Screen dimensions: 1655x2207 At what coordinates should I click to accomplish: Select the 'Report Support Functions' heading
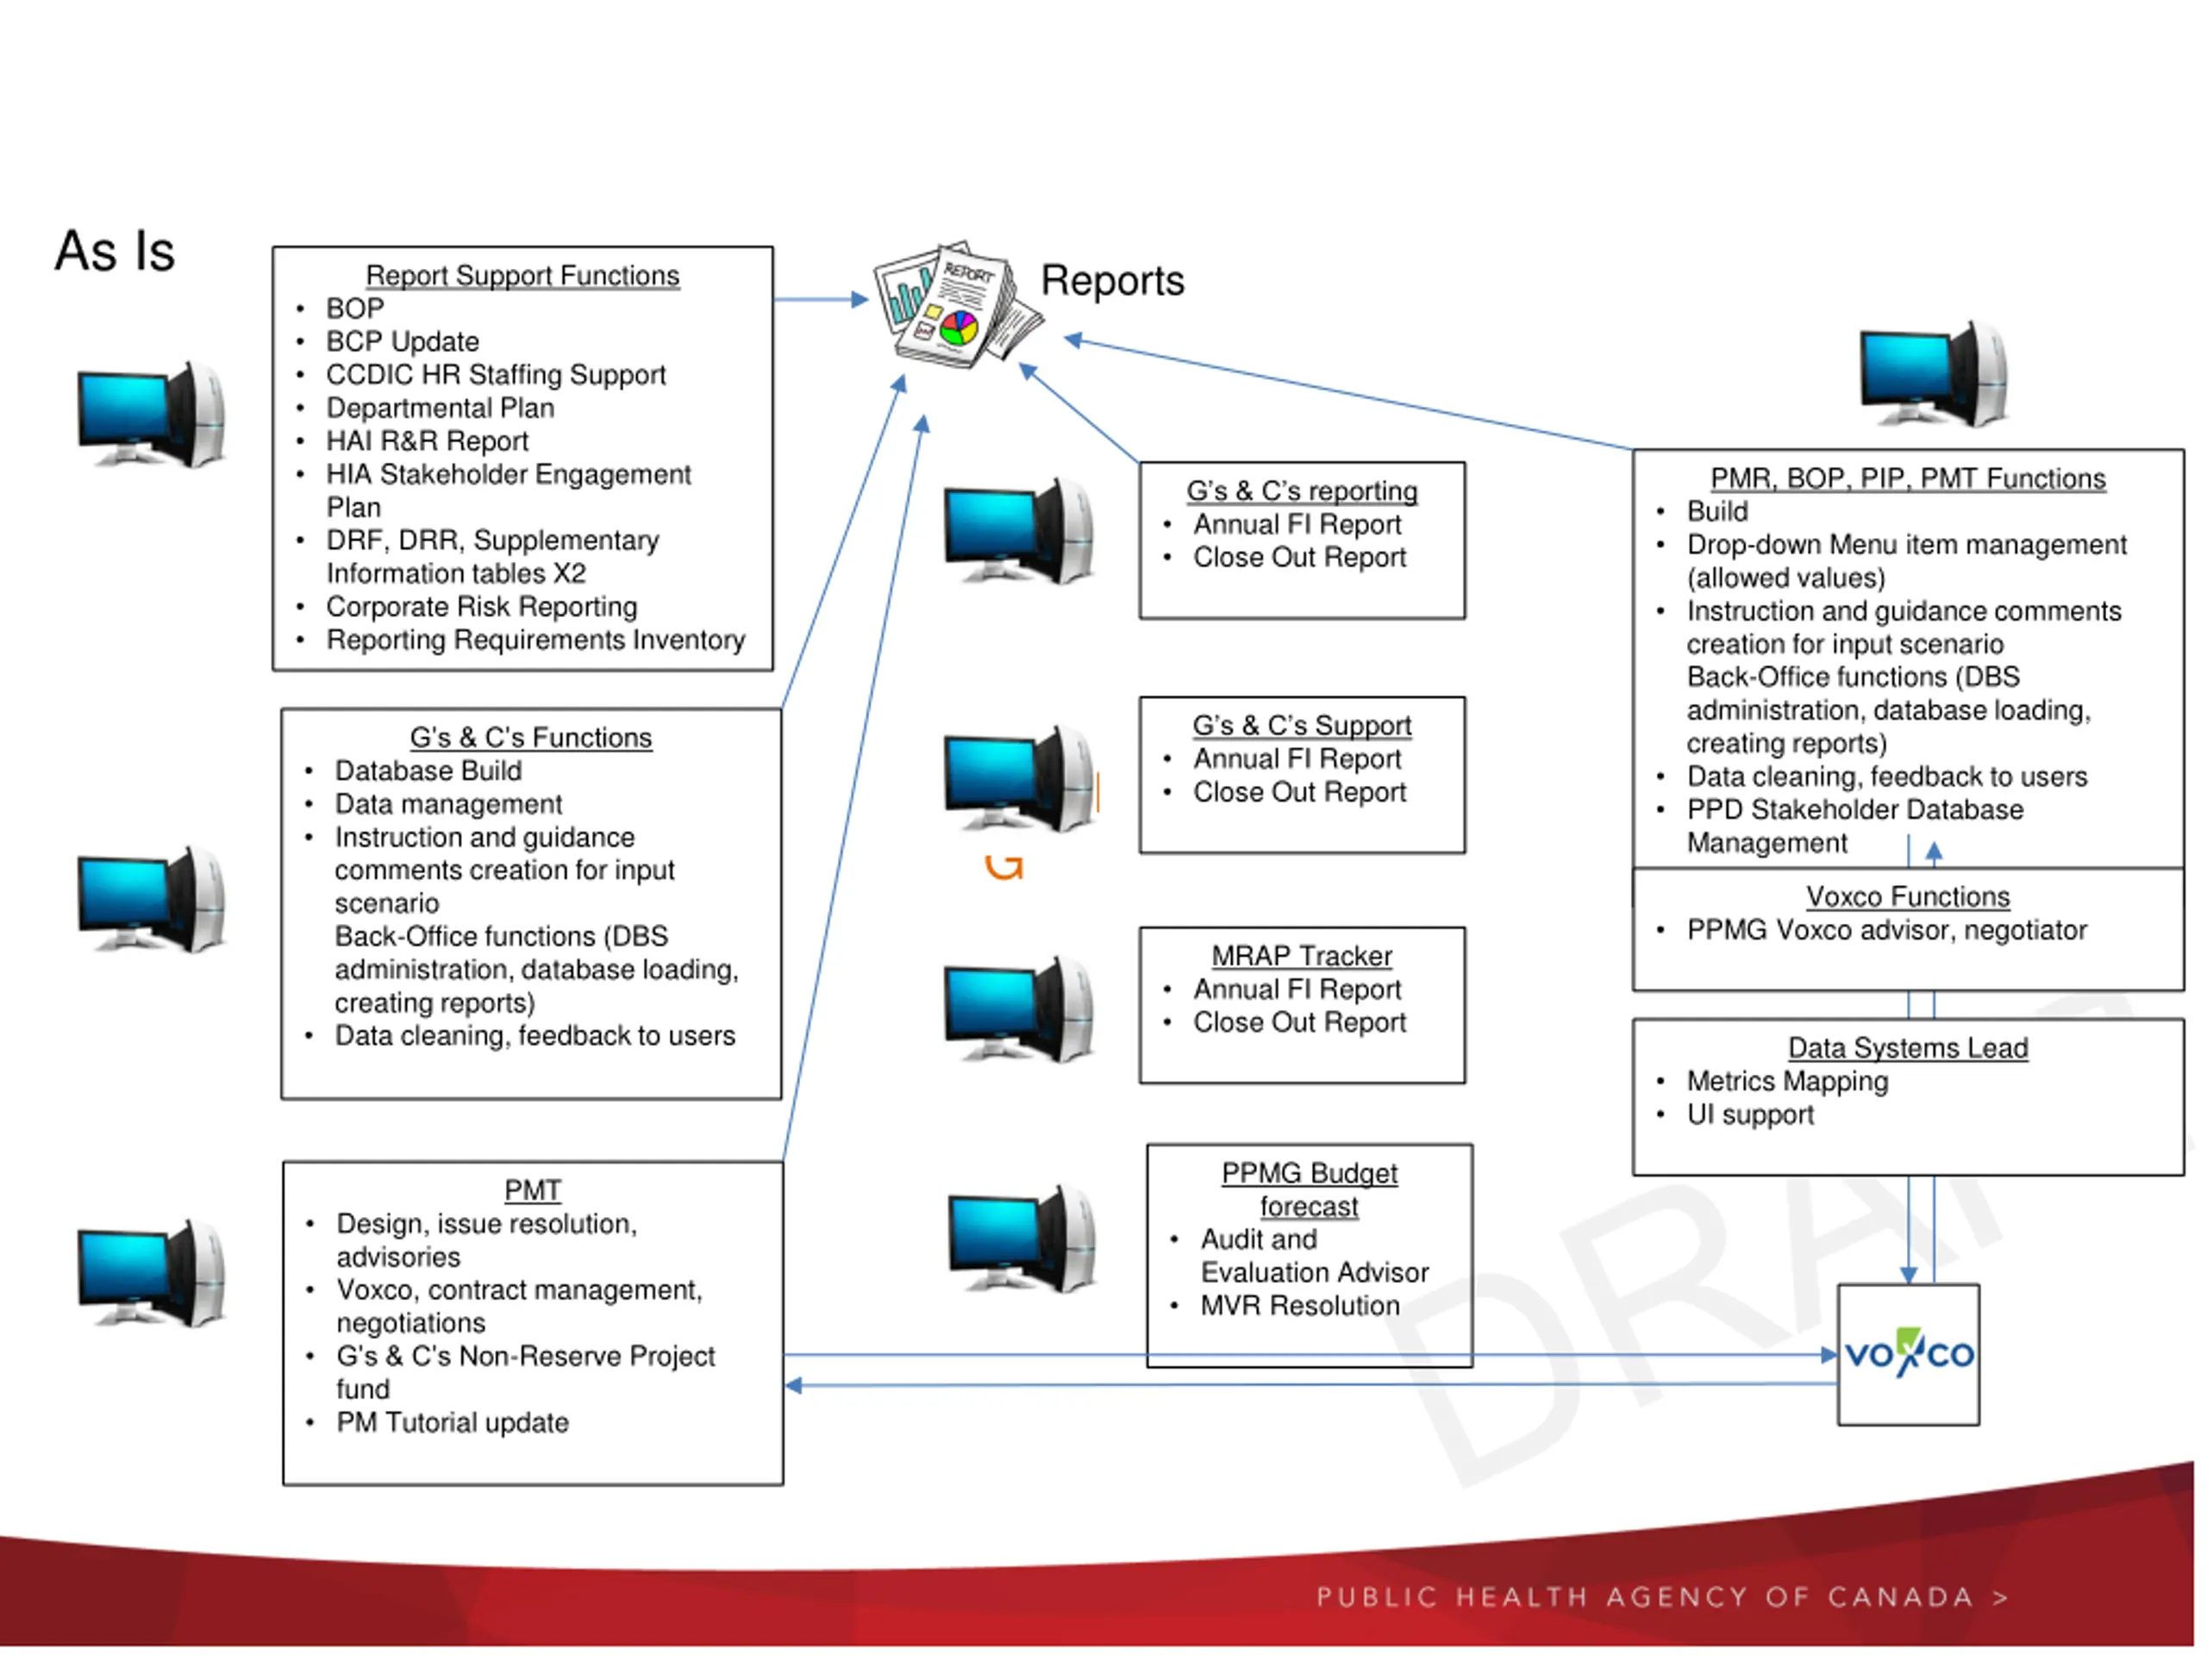pos(522,275)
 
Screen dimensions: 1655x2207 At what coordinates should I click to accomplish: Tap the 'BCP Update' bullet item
pos(402,341)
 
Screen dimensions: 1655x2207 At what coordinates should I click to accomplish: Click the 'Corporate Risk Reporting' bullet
pos(481,607)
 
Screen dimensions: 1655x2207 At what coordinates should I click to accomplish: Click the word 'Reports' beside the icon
pos(1111,280)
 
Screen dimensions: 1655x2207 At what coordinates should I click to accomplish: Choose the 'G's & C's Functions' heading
pos(530,737)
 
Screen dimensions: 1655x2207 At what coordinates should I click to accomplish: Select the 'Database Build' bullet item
pos(428,770)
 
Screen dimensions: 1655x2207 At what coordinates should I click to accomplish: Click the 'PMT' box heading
pos(532,1190)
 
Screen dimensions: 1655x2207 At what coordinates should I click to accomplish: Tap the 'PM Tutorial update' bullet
pos(452,1422)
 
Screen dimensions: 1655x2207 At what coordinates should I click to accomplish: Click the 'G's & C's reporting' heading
pos(1301,490)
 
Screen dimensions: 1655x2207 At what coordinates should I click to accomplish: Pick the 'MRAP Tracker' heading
pos(1301,956)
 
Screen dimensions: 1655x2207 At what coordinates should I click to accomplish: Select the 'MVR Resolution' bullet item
pos(1299,1306)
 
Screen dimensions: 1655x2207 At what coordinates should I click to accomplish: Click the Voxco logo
pos(1908,1353)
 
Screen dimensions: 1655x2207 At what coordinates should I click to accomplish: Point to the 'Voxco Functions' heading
pos(1907,896)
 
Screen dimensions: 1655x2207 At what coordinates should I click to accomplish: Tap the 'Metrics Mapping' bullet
pos(1787,1082)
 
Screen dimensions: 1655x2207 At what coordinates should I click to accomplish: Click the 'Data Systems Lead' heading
pos(1907,1048)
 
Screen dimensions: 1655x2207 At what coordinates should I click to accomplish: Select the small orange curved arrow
pos(1003,868)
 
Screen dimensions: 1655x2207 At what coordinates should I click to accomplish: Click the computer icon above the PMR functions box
pos(1933,374)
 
